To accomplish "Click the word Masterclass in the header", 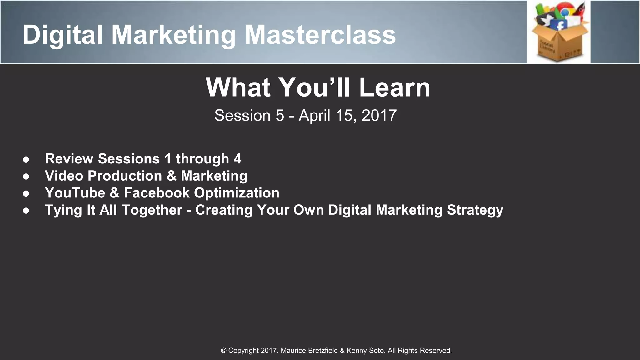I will point(320,35).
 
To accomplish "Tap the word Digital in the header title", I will point(62,35).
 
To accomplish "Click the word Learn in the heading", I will point(394,87).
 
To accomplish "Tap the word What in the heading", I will point(238,87).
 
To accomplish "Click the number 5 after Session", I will point(280,116).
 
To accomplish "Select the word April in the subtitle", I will point(314,116).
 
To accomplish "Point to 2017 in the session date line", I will point(379,116).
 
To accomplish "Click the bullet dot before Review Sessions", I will point(26,159).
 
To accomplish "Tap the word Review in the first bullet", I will point(69,159).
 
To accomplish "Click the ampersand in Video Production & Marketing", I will point(171,176).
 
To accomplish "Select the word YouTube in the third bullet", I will point(75,193).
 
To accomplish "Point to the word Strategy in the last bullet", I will point(475,210).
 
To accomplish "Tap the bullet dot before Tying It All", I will point(26,211).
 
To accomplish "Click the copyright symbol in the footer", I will point(224,351).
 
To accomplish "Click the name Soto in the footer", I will point(377,351).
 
